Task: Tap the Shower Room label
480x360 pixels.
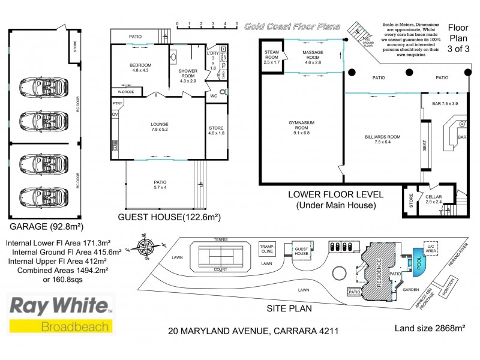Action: (x=187, y=76)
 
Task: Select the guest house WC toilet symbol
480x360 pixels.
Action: (x=223, y=92)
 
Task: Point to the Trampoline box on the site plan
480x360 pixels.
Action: (x=267, y=248)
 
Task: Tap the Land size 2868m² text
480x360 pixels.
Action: (x=430, y=328)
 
